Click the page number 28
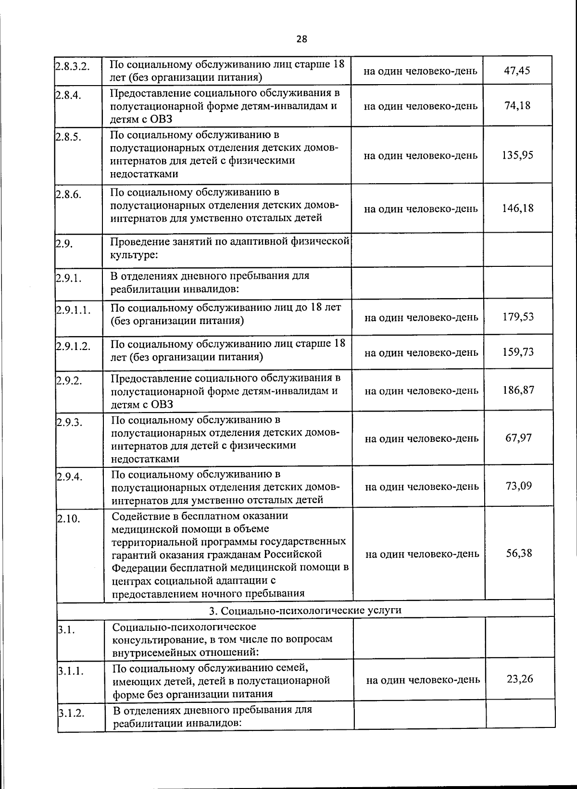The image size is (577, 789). [x=301, y=39]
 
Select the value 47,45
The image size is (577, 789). [x=517, y=71]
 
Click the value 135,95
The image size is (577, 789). [x=517, y=155]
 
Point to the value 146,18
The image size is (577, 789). [x=518, y=208]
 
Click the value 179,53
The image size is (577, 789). [x=518, y=317]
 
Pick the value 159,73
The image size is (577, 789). [x=518, y=352]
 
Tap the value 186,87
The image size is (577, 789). [x=518, y=390]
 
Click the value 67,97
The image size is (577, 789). [x=518, y=438]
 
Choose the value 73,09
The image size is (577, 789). [x=519, y=486]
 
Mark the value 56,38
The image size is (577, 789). [x=519, y=553]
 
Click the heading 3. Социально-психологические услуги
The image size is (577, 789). [x=305, y=610]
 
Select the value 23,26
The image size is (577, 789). [x=520, y=679]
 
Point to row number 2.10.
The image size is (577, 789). [x=68, y=519]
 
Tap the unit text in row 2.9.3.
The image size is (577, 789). [x=422, y=438]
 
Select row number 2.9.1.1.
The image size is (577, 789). [x=74, y=310]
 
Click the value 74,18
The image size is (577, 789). [x=517, y=106]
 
